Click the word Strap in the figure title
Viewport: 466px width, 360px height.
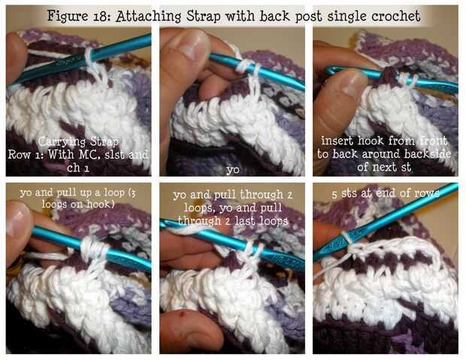(204, 17)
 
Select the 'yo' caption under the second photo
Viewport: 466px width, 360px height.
(233, 170)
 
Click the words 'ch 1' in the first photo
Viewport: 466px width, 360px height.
(78, 168)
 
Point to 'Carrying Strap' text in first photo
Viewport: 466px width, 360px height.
(78, 141)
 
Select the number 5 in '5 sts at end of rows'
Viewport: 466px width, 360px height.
(335, 194)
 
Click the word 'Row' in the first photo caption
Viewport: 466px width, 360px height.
(20, 155)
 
